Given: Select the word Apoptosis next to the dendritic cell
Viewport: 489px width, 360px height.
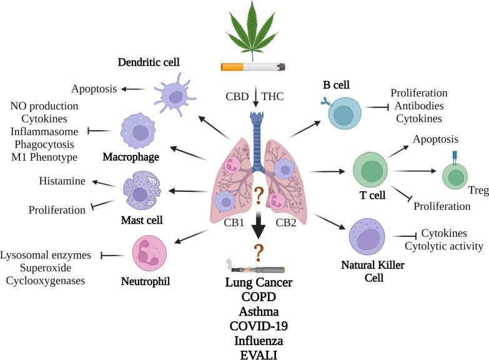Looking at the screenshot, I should (x=94, y=89).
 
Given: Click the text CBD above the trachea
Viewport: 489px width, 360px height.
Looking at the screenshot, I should (x=238, y=97).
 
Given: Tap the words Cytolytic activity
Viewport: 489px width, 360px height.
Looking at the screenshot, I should (x=443, y=246).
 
